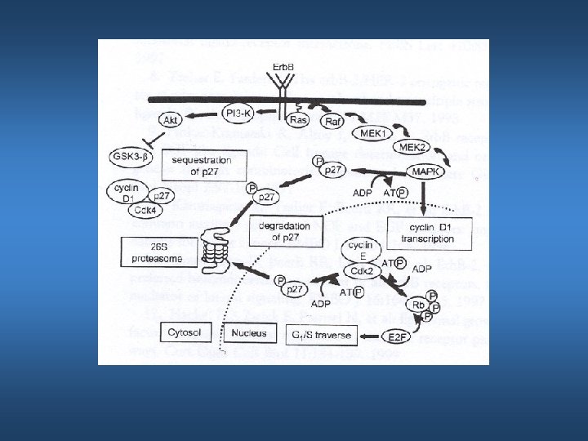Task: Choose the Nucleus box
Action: click(x=248, y=333)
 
